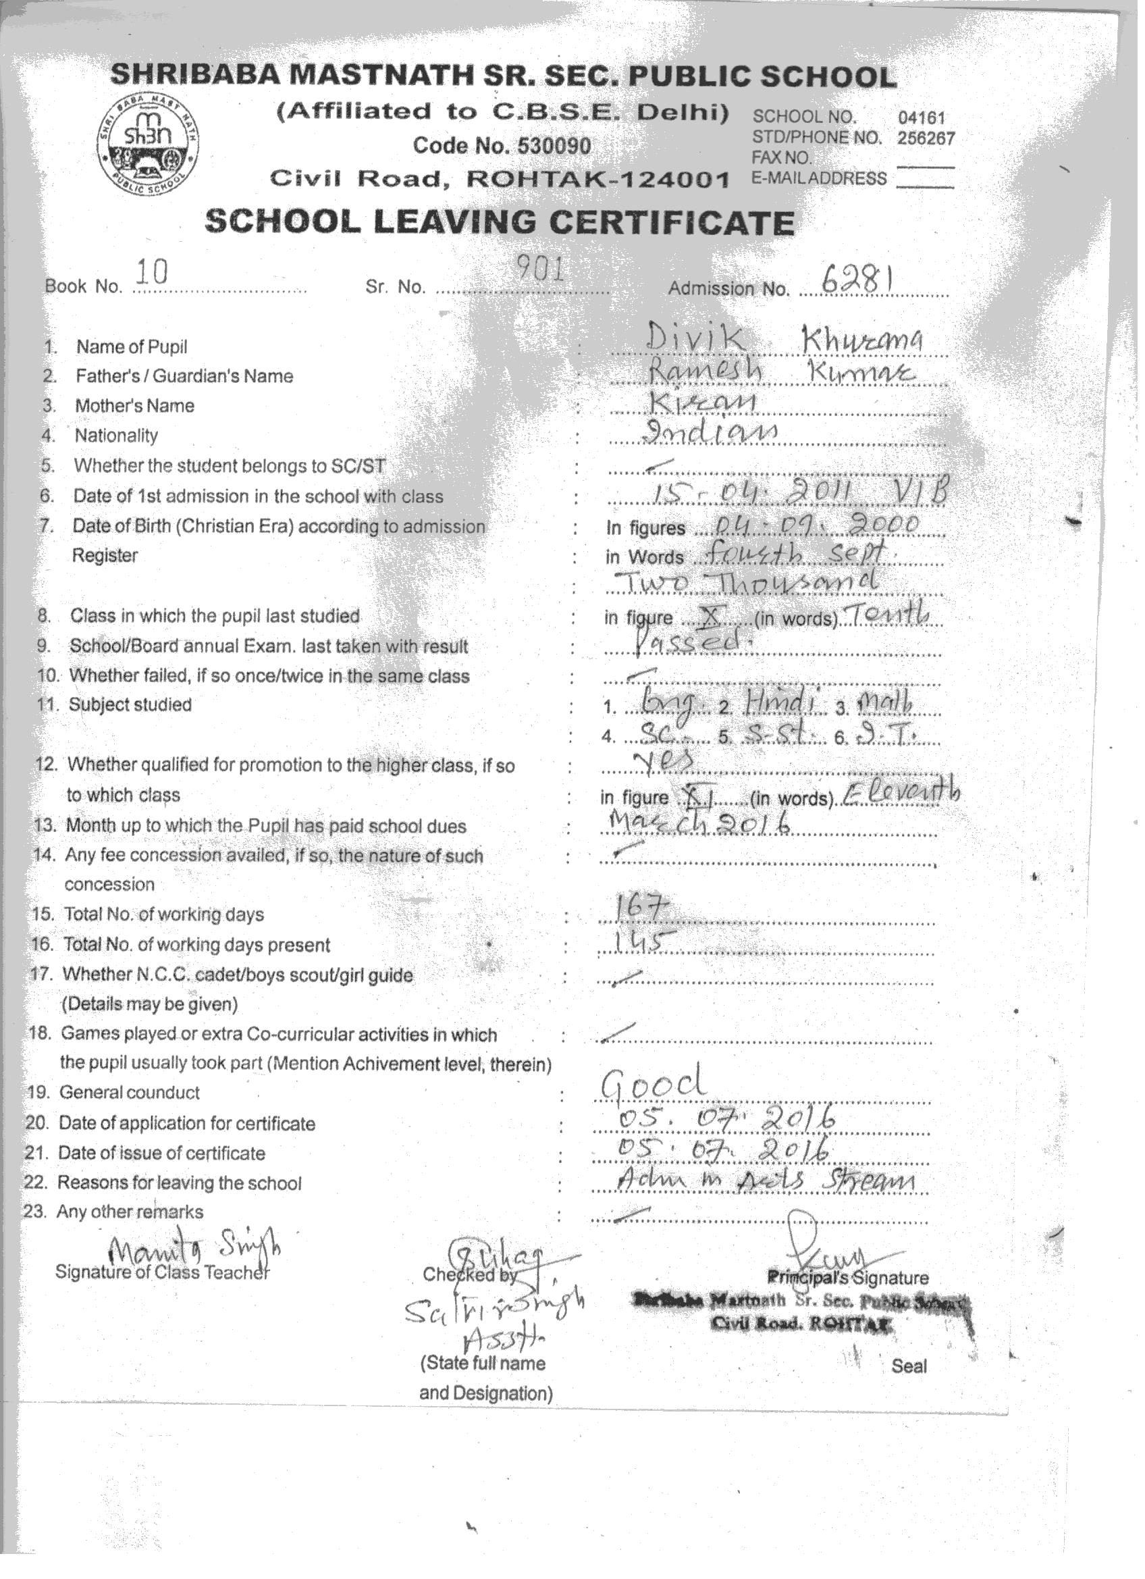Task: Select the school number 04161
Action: click(921, 118)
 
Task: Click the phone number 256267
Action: click(926, 138)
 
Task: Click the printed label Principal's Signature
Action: click(847, 1278)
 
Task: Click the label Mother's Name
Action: click(134, 406)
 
